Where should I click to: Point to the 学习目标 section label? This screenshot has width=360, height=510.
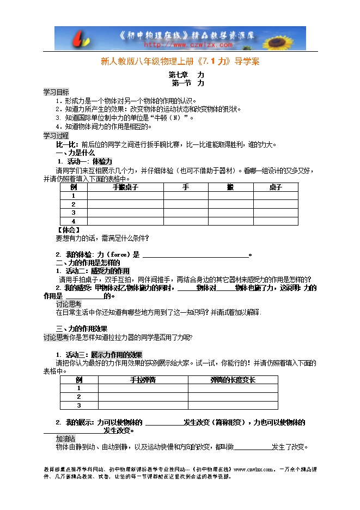[56, 92]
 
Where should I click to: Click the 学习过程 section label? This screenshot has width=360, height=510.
[56, 135]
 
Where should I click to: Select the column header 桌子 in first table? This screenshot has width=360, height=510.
[275, 187]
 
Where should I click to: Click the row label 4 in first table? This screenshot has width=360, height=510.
[73, 221]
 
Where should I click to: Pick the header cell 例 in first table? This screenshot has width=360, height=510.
[74, 187]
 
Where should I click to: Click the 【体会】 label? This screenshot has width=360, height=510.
[69, 229]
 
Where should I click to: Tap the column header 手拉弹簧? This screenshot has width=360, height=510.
[143, 379]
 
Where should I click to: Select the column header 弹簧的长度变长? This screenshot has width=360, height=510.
[233, 379]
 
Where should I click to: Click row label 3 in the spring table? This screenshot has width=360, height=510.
[79, 405]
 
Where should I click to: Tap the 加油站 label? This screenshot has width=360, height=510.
[66, 439]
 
